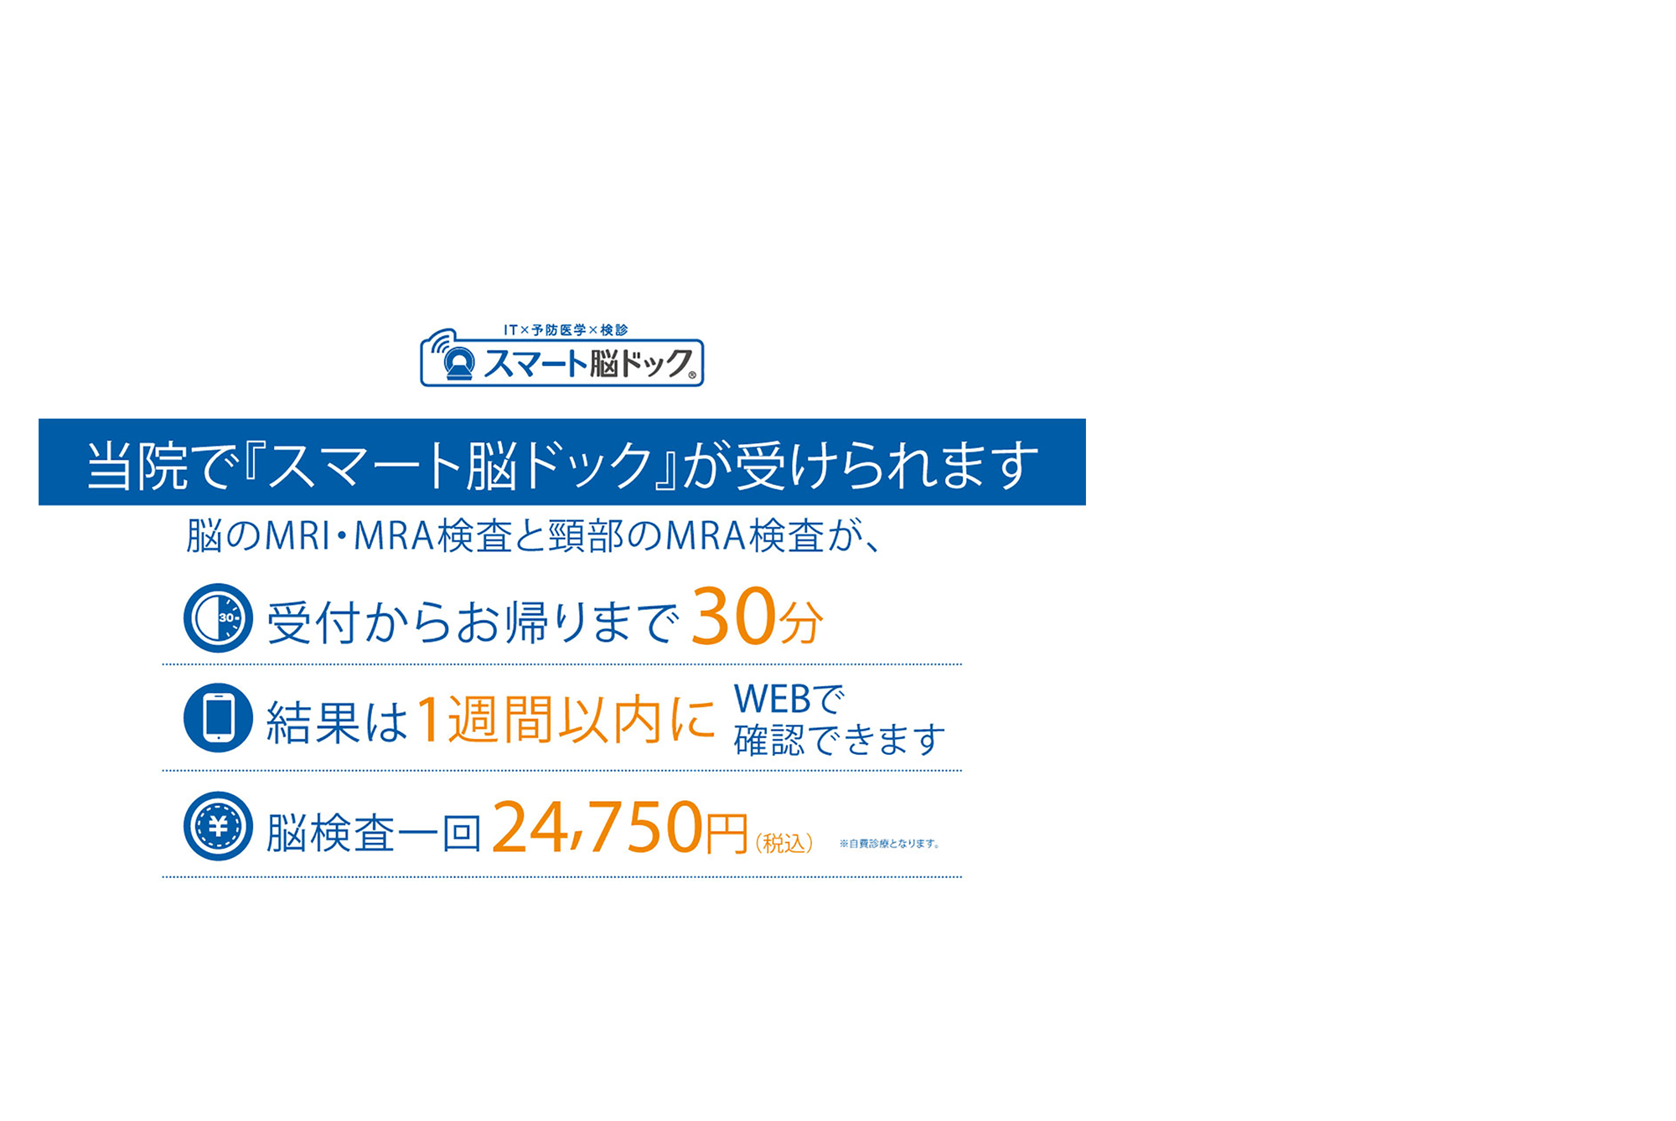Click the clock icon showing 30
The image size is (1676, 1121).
click(218, 618)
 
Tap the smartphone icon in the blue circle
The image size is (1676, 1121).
click(218, 718)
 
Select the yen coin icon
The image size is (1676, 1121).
click(218, 826)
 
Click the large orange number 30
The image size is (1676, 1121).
click(733, 617)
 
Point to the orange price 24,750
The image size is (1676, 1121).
click(597, 828)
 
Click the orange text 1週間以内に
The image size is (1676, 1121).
click(566, 720)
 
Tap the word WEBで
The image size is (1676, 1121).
click(789, 699)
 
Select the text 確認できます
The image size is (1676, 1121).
click(839, 740)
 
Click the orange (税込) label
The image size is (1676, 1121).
click(784, 843)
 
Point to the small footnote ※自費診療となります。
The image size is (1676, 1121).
click(889, 844)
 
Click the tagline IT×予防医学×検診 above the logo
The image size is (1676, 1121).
click(566, 330)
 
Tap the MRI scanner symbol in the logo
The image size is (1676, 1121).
click(458, 363)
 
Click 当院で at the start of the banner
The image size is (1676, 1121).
click(158, 465)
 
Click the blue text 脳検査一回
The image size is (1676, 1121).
click(374, 833)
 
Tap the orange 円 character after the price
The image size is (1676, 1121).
click(726, 833)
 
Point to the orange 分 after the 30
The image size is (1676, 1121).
click(800, 622)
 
